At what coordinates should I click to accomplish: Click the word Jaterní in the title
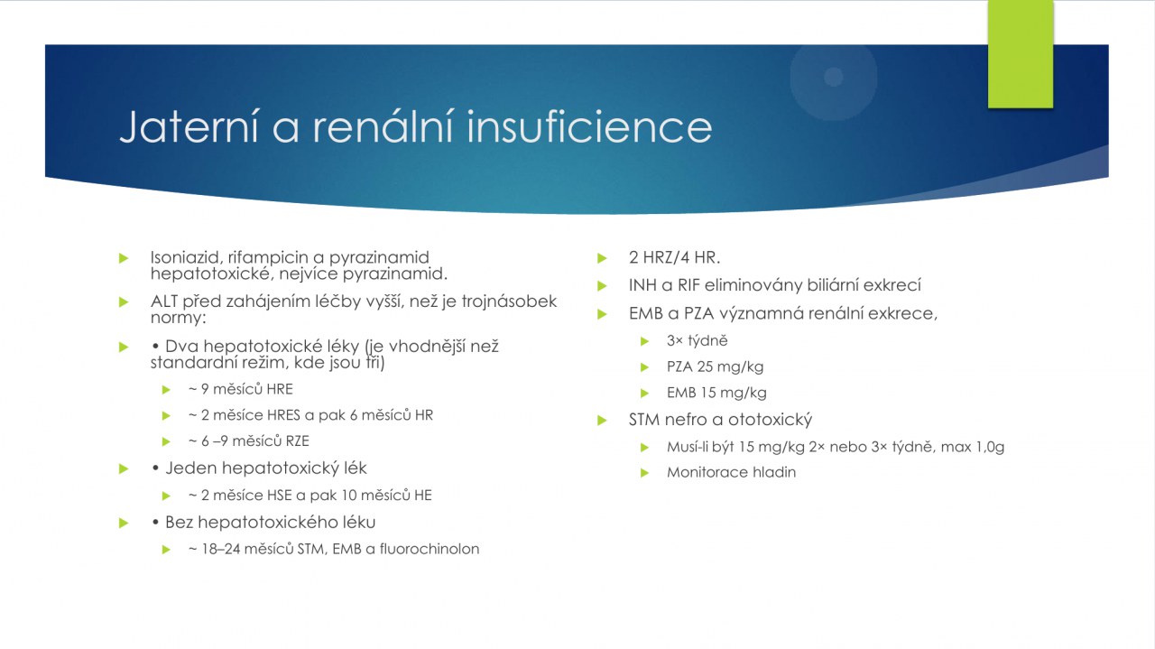(189, 126)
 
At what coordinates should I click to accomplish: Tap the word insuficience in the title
(589, 126)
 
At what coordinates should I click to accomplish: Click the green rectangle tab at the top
(1021, 53)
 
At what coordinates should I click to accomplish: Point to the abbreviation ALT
(164, 301)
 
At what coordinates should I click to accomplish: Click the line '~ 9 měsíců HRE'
(241, 389)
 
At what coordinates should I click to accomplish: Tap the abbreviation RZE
(297, 441)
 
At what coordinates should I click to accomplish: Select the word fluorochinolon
(430, 549)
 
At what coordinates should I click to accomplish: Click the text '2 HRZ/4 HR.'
(674, 257)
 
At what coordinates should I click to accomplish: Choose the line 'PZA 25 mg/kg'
(715, 366)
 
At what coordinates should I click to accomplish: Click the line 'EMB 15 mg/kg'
(716, 393)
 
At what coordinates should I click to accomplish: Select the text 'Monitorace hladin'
(731, 472)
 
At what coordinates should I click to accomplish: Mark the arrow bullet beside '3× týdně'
(644, 341)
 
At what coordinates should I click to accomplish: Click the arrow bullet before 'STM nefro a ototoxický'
(602, 421)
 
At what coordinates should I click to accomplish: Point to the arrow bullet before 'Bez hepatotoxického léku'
(124, 524)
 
